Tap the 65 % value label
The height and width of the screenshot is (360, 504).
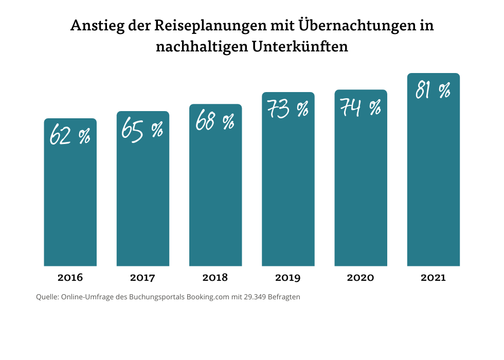click(142, 129)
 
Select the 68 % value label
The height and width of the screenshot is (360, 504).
click(215, 122)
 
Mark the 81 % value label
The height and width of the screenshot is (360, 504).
click(433, 91)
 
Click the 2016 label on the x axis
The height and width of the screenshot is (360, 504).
click(70, 278)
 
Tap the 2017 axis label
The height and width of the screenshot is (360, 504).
click(142, 278)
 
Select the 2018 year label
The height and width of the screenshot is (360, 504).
click(215, 278)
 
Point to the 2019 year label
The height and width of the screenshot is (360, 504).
click(288, 278)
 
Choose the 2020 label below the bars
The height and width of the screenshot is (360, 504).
click(361, 278)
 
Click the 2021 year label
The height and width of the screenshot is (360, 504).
click(433, 278)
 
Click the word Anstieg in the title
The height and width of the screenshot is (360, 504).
click(95, 26)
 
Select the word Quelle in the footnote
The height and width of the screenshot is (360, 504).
click(47, 297)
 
